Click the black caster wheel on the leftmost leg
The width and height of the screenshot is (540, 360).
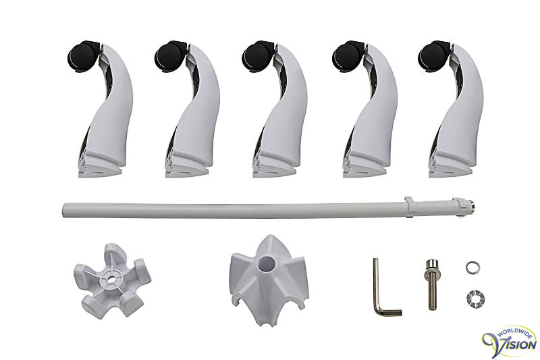click(82, 57)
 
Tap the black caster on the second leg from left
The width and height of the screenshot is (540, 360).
click(170, 57)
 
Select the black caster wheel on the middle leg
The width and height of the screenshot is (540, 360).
click(258, 57)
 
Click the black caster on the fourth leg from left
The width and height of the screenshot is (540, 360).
click(348, 57)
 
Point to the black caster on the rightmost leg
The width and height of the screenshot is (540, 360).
click(433, 57)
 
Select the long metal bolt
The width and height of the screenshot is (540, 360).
click(432, 284)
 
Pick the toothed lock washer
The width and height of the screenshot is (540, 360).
click(475, 298)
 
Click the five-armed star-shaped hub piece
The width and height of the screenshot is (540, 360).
click(112, 280)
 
